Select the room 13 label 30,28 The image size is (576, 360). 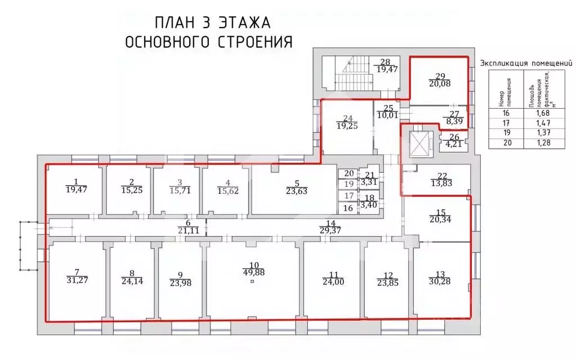click(x=440, y=278)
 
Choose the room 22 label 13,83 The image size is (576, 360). click(x=441, y=179)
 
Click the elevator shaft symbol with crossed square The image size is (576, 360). click(x=419, y=144)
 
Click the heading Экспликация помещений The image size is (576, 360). click(x=521, y=64)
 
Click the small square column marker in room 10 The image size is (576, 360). click(x=253, y=281)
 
